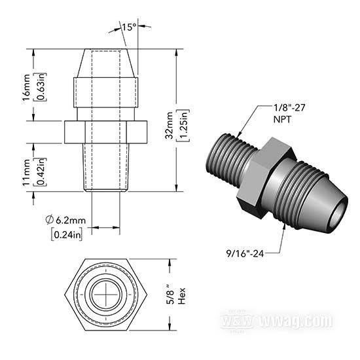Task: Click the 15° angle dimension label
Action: click(x=129, y=27)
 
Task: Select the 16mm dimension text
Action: click(x=26, y=88)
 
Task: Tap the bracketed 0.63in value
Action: click(x=41, y=87)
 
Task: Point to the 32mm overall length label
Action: click(x=170, y=126)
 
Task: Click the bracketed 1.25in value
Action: click(x=183, y=126)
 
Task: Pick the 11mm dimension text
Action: click(x=26, y=172)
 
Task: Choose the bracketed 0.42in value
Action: click(x=41, y=171)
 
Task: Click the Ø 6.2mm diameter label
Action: click(x=65, y=220)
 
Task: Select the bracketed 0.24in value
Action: click(x=67, y=234)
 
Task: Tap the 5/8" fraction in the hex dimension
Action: click(x=170, y=295)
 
